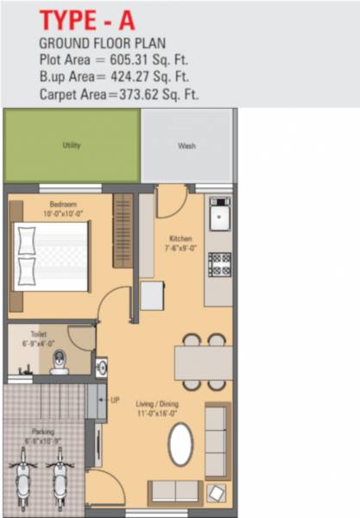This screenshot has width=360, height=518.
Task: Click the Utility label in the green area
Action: pos(72,146)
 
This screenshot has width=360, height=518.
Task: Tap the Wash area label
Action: pos(186,146)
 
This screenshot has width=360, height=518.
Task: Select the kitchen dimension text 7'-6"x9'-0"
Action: pos(180,247)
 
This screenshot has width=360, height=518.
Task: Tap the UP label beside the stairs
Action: pos(116,401)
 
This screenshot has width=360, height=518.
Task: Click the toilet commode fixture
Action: pos(60,361)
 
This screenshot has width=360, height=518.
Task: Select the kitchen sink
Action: pos(219,213)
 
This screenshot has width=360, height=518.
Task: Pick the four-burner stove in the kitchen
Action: pos(219,263)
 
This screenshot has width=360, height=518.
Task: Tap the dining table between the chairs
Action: pos(203,361)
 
